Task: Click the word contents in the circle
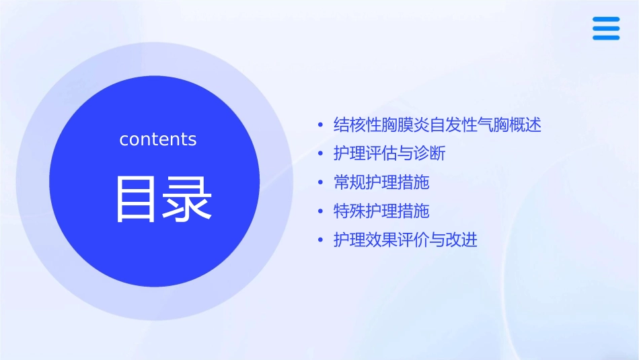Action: [158, 139]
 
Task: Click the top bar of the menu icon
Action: [605, 20]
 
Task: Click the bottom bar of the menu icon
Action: [605, 38]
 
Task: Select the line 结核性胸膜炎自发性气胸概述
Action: [437, 125]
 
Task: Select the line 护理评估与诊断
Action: [389, 154]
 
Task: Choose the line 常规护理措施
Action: [381, 183]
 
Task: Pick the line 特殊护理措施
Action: [381, 211]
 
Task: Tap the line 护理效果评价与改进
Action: [406, 240]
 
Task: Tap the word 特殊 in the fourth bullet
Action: [350, 211]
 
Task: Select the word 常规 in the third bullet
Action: [350, 183]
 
